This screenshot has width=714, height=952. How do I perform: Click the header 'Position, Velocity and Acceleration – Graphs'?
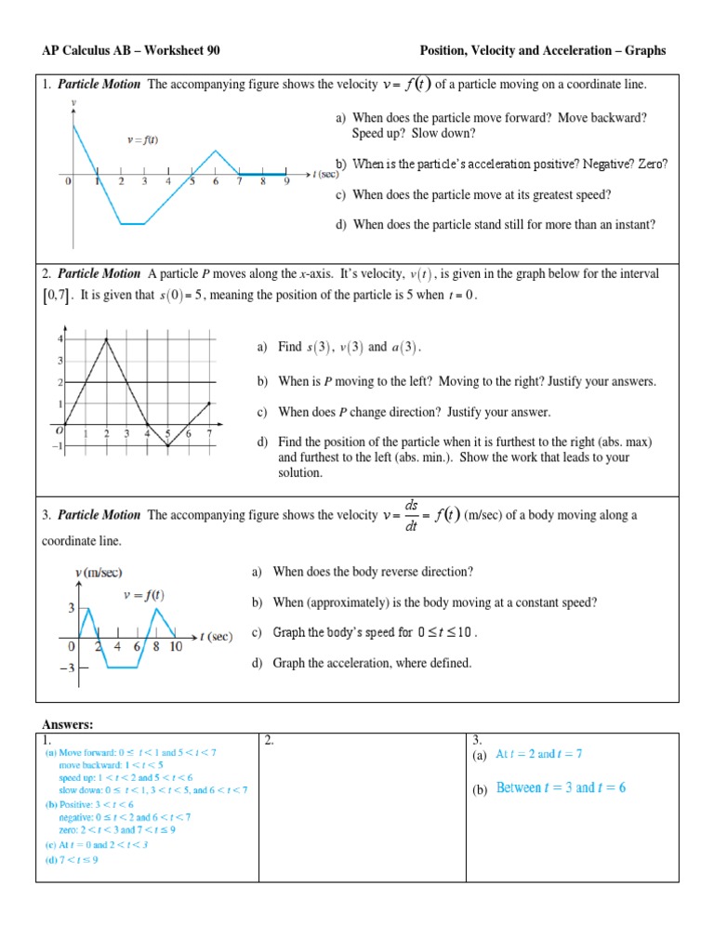click(543, 51)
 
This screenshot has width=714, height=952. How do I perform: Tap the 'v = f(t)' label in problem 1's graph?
click(143, 140)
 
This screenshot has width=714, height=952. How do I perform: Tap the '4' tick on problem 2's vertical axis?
click(61, 338)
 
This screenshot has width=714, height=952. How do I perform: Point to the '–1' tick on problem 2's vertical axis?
click(59, 446)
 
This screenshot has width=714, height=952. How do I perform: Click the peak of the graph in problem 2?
click(107, 338)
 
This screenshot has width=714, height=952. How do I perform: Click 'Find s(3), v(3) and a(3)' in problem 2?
click(339, 348)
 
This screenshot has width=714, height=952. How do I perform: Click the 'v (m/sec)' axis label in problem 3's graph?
click(99, 573)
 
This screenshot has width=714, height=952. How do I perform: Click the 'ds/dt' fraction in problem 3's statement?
click(412, 515)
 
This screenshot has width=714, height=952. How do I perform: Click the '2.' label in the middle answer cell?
click(270, 740)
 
